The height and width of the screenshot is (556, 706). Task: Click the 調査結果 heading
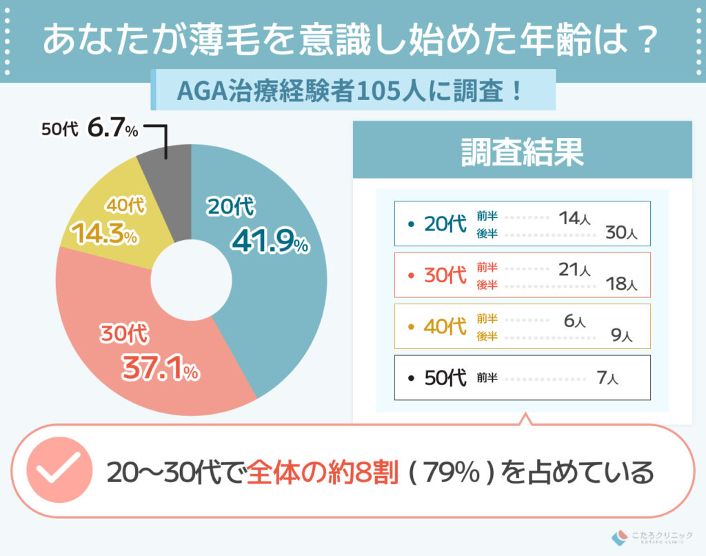tap(522, 152)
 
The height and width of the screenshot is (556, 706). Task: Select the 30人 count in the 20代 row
tap(621, 233)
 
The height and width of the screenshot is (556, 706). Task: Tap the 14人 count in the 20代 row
tap(574, 217)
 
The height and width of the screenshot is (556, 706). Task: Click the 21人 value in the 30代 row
tap(574, 269)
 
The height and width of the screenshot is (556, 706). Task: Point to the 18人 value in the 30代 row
tap(621, 284)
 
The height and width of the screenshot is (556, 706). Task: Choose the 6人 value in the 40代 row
tap(574, 320)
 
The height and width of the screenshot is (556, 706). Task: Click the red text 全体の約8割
tap(322, 472)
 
